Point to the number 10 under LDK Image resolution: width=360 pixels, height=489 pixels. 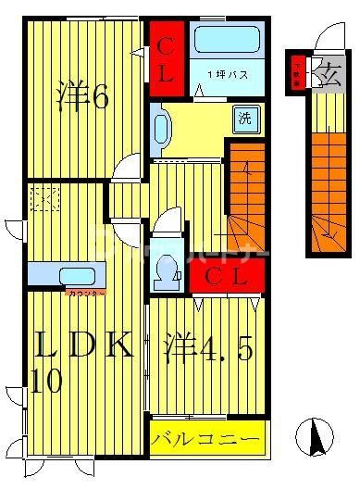point(48,381)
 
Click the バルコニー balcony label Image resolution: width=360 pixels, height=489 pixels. point(207,436)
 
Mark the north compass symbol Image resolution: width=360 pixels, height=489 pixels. point(317,436)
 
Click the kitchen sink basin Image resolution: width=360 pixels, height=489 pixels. point(70,276)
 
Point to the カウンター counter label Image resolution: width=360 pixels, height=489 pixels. point(86,294)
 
